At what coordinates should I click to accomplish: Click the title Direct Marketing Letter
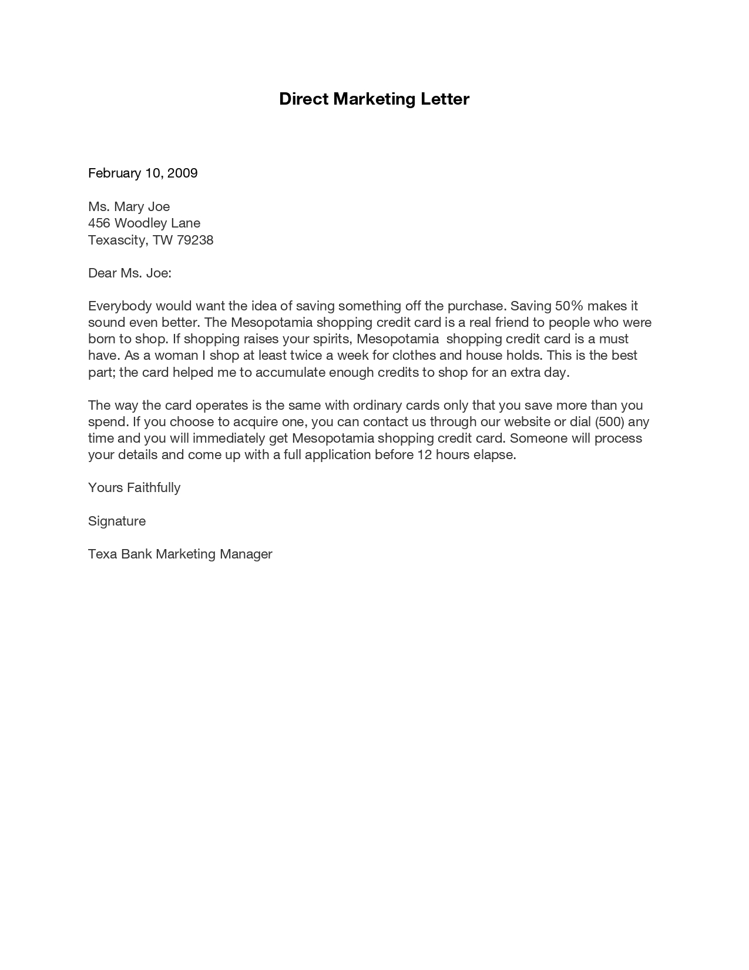tap(374, 99)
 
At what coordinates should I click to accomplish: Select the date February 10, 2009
tap(143, 173)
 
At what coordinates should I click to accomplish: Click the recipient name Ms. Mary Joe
tap(129, 206)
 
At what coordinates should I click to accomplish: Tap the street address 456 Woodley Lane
tap(144, 223)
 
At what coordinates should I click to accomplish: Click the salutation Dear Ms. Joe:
tap(129, 273)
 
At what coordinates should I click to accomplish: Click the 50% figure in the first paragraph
tap(568, 306)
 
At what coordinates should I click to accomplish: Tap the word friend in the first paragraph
tap(512, 322)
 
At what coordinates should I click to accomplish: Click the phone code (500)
tap(609, 422)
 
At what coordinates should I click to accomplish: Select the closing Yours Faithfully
tap(134, 487)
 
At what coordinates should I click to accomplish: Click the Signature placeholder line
tap(117, 521)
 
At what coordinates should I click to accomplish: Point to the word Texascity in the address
tap(116, 240)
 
